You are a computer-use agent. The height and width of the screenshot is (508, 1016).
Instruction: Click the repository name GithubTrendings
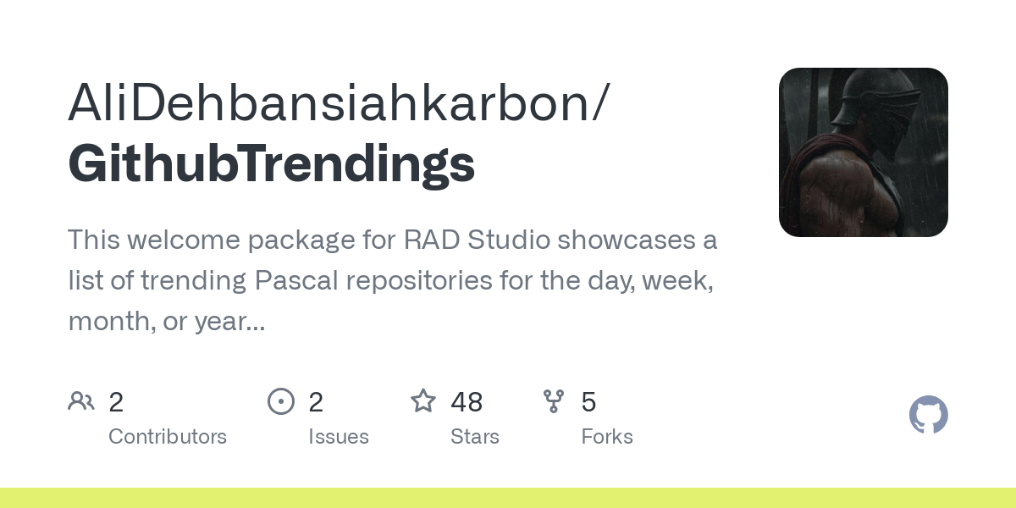(x=271, y=163)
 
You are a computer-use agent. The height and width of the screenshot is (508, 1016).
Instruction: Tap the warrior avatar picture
(x=863, y=152)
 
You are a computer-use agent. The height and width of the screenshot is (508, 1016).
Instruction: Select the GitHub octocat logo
(x=928, y=415)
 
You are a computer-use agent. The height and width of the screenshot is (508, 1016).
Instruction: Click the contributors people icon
(x=81, y=401)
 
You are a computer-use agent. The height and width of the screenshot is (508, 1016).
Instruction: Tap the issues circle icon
(x=281, y=401)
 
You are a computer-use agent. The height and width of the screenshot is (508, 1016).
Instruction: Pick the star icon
(x=423, y=401)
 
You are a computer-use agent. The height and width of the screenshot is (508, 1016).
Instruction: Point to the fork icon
(x=554, y=401)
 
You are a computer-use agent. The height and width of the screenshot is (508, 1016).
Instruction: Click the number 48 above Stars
(x=467, y=402)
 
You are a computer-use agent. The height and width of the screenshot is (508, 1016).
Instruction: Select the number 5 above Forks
(x=588, y=402)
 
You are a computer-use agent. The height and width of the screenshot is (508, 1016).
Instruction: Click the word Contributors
(x=168, y=437)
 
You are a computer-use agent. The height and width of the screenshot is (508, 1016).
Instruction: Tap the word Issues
(x=339, y=437)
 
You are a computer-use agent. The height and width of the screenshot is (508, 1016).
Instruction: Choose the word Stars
(x=475, y=437)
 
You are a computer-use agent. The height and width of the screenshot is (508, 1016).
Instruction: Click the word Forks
(x=607, y=437)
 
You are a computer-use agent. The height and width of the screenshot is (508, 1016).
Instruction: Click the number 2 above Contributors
(x=116, y=402)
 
